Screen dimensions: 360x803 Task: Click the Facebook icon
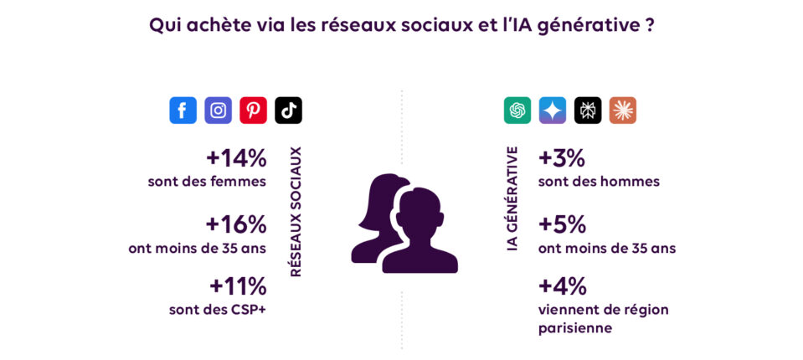[183, 111]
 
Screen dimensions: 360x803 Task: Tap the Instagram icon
[218, 111]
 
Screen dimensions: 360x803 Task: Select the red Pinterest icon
[253, 111]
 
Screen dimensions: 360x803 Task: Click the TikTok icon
[288, 111]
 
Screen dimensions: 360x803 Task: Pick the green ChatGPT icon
[517, 111]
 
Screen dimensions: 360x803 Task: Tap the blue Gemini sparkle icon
[553, 111]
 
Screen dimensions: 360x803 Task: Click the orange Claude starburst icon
[623, 111]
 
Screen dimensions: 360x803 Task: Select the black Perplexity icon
[588, 111]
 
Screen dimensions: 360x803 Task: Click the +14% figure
[235, 157]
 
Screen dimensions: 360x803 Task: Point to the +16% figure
[235, 224]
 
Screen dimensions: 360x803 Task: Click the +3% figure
[562, 157]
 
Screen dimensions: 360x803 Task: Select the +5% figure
[562, 224]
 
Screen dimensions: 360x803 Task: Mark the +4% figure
[562, 286]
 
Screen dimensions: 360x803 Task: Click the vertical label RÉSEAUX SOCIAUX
[296, 212]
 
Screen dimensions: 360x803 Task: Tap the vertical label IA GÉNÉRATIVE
[512, 198]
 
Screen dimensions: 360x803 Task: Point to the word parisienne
[575, 328]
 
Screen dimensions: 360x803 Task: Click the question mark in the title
[649, 25]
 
